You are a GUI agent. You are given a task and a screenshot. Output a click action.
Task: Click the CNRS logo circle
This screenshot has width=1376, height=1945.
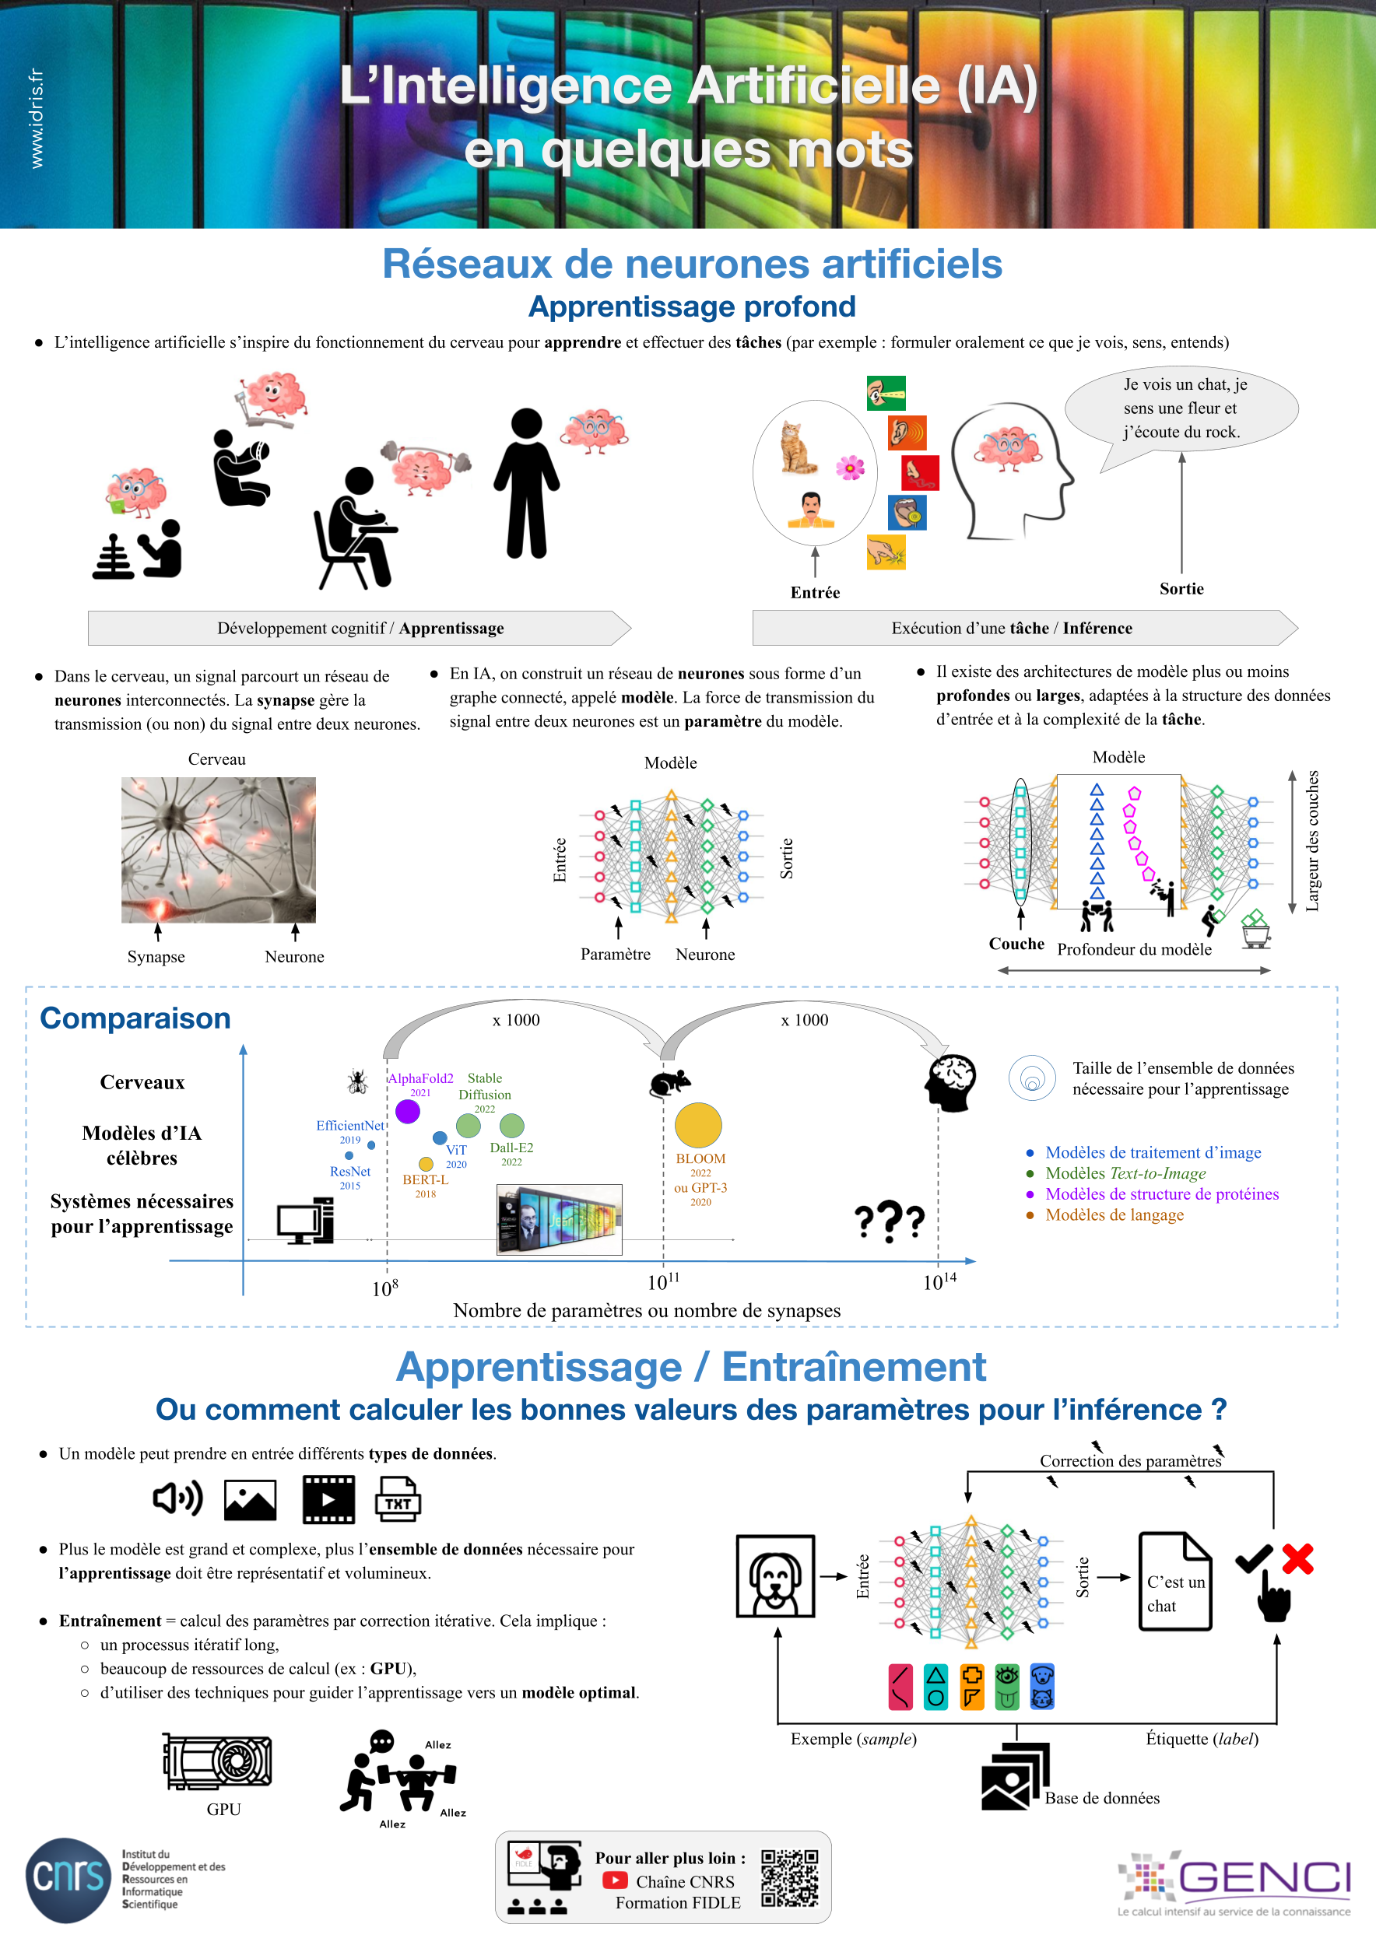pyautogui.click(x=68, y=1879)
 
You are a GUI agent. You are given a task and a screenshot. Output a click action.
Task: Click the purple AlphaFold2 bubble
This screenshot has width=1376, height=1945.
pyautogui.click(x=408, y=1110)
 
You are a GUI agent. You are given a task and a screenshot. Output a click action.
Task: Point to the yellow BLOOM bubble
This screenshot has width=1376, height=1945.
pyautogui.click(x=698, y=1125)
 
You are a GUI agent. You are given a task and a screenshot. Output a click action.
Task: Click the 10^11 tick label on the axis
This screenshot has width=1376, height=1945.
pyautogui.click(x=662, y=1281)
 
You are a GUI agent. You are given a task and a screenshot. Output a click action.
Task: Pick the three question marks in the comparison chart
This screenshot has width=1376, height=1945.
pyautogui.click(x=888, y=1221)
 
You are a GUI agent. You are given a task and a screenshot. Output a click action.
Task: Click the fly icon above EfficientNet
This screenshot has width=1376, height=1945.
pyautogui.click(x=356, y=1081)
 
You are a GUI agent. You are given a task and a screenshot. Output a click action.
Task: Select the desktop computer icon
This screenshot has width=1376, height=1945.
pyautogui.click(x=305, y=1221)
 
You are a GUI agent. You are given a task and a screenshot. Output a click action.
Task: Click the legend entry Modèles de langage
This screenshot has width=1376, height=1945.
pyautogui.click(x=1114, y=1214)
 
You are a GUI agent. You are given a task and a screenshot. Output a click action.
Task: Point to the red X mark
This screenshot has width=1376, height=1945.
pyautogui.click(x=1297, y=1558)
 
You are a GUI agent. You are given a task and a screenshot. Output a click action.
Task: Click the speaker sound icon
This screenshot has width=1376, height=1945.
pyautogui.click(x=177, y=1498)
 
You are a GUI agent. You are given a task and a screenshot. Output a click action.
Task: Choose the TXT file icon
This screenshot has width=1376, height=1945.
pyautogui.click(x=398, y=1498)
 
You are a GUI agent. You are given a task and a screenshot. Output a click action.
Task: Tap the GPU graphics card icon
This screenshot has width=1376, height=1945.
pyautogui.click(x=218, y=1761)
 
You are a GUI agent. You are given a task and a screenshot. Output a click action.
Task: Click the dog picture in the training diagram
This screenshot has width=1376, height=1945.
pyautogui.click(x=775, y=1575)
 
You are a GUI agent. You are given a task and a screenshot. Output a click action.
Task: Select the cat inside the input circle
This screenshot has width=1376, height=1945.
pyautogui.click(x=797, y=447)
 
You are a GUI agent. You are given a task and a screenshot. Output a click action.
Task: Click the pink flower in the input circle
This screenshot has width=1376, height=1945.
pyautogui.click(x=850, y=467)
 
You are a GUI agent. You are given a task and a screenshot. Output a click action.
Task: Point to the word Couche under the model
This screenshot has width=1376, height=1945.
pyautogui.click(x=1016, y=944)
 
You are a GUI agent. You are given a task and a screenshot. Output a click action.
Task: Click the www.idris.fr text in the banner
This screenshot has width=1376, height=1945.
pyautogui.click(x=37, y=118)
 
